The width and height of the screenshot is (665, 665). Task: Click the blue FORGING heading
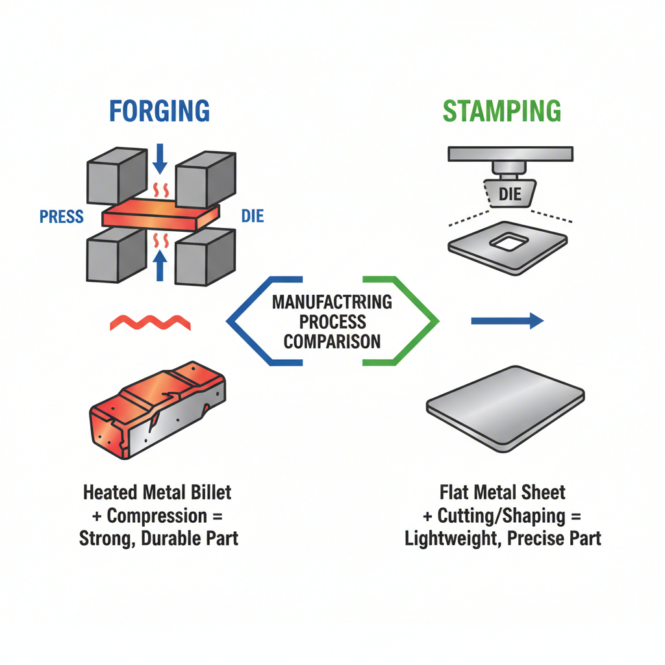point(159,110)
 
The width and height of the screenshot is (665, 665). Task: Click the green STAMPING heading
point(501,110)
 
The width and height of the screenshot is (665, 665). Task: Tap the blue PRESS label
point(62,216)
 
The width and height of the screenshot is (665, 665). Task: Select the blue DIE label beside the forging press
point(252,216)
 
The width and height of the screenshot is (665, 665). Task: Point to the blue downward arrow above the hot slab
point(160,160)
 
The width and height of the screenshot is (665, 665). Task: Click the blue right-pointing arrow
point(507,320)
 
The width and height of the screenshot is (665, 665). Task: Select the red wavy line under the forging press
point(150,321)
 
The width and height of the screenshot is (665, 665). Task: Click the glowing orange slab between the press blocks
point(160,214)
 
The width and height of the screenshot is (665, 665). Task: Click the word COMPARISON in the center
point(332,341)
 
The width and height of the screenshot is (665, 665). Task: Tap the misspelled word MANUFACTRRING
point(332,302)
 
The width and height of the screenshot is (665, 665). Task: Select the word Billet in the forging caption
point(209,492)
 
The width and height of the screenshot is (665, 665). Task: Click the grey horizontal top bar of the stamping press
point(510,154)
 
